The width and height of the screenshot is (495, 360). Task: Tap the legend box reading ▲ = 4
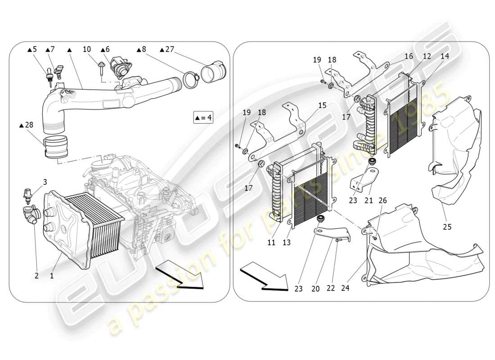(x=202, y=118)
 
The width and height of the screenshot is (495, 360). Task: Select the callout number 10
(x=87, y=49)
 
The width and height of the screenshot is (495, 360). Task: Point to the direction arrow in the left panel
(x=180, y=276)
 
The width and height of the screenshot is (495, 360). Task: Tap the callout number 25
(x=446, y=227)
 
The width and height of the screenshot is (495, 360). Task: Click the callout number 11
(x=271, y=243)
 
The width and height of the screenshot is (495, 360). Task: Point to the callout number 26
(x=382, y=200)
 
